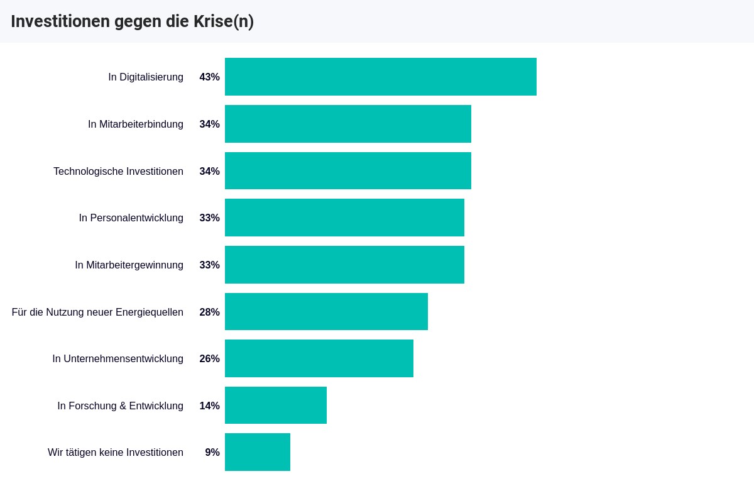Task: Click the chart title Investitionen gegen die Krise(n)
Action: (x=132, y=21)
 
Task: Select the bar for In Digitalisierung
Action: (x=380, y=77)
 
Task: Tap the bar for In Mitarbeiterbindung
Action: (x=347, y=124)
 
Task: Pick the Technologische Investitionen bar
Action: (x=347, y=171)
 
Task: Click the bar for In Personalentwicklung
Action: (x=344, y=218)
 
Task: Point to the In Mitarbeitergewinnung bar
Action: (x=344, y=265)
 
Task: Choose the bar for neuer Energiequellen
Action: (x=326, y=312)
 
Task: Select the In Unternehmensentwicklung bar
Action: (x=319, y=358)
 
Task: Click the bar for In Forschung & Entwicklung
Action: (x=275, y=406)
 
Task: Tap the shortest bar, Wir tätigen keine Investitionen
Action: (x=257, y=452)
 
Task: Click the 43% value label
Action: (x=209, y=77)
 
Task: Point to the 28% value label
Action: (x=209, y=312)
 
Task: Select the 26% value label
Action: (x=209, y=359)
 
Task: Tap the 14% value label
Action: (x=209, y=406)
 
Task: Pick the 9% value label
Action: (x=212, y=453)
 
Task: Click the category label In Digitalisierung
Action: (x=146, y=77)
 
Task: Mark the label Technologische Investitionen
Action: (x=118, y=172)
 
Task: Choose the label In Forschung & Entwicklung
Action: (x=120, y=406)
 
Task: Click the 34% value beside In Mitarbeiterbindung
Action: (x=209, y=124)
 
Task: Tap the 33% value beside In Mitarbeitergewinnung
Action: (x=209, y=265)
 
